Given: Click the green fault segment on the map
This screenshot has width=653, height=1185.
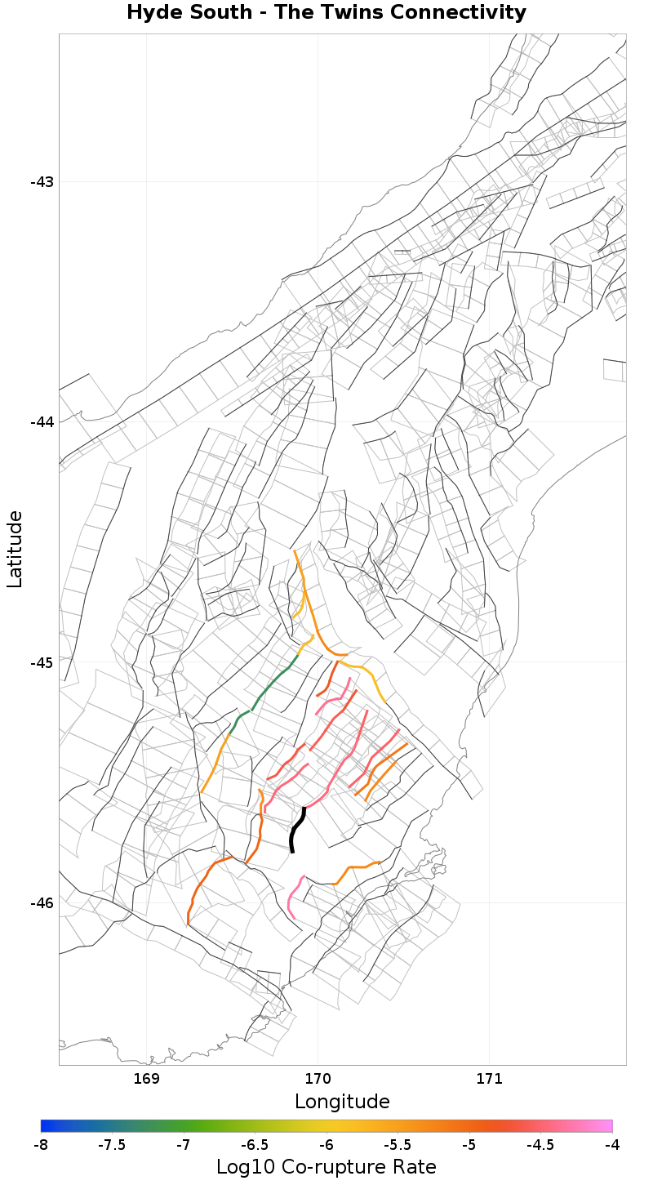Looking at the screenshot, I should point(270,686).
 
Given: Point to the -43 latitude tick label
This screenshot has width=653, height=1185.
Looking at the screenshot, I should point(42,181).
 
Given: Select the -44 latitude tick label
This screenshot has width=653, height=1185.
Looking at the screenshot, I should point(42,421).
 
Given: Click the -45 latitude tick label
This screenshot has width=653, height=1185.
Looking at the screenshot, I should point(42,662).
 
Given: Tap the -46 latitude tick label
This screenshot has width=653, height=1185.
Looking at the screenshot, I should point(42,902).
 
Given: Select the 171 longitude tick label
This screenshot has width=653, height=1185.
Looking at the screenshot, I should point(489,1079).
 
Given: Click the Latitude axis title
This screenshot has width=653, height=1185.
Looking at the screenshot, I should point(15,549).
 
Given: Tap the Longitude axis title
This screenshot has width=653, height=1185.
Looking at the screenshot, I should point(342,1102).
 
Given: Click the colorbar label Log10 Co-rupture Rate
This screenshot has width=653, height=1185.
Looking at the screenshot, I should point(326,1167).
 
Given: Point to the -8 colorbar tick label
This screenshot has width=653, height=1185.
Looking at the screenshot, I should point(41,1145).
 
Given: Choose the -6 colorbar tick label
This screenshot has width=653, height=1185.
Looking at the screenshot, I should point(326,1145).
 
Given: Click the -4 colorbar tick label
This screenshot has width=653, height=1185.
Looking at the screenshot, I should point(611,1145).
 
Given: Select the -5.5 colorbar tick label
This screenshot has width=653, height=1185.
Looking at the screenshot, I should point(398,1145).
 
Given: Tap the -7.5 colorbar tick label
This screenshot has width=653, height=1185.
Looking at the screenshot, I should point(112,1145).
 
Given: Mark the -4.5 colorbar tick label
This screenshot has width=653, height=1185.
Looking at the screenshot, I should point(540,1145).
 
